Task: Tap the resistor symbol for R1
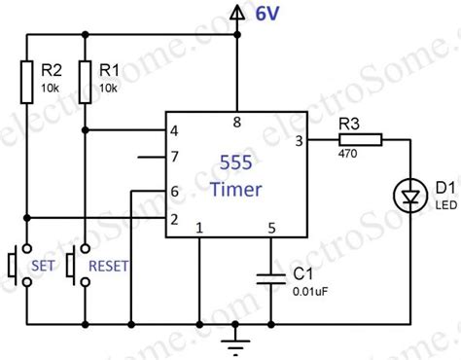click(x=85, y=79)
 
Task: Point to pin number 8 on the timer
click(x=235, y=121)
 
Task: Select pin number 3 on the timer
click(x=298, y=141)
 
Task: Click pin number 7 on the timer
click(x=174, y=156)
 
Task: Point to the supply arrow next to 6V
click(x=235, y=12)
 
